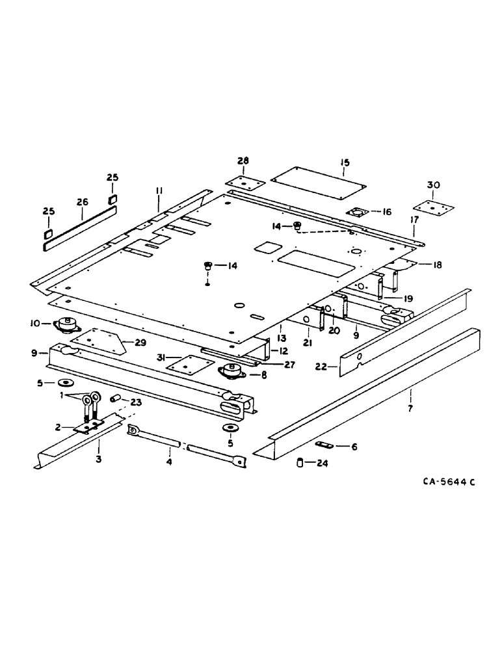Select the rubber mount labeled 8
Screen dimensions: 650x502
click(x=230, y=372)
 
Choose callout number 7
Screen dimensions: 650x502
click(x=411, y=392)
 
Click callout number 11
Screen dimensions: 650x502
click(x=159, y=189)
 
